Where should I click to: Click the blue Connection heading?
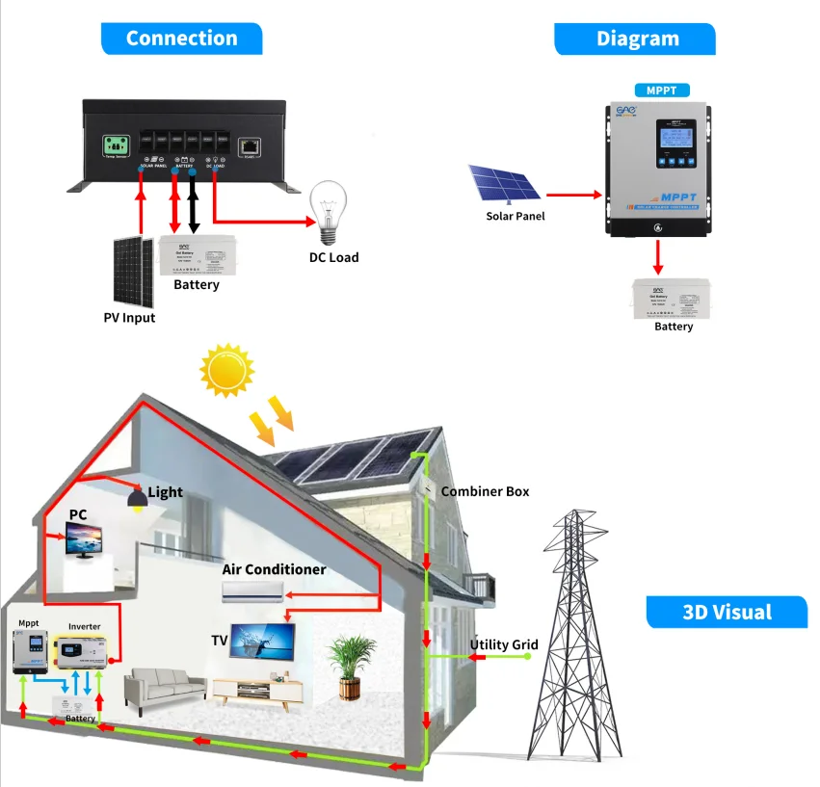(181, 39)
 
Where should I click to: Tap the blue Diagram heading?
(637, 39)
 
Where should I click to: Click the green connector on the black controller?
(117, 146)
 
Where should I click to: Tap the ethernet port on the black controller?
(250, 146)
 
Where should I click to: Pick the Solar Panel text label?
(515, 216)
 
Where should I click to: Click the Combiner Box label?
(485, 491)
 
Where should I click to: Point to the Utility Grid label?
(504, 644)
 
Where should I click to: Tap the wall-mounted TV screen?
(262, 641)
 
